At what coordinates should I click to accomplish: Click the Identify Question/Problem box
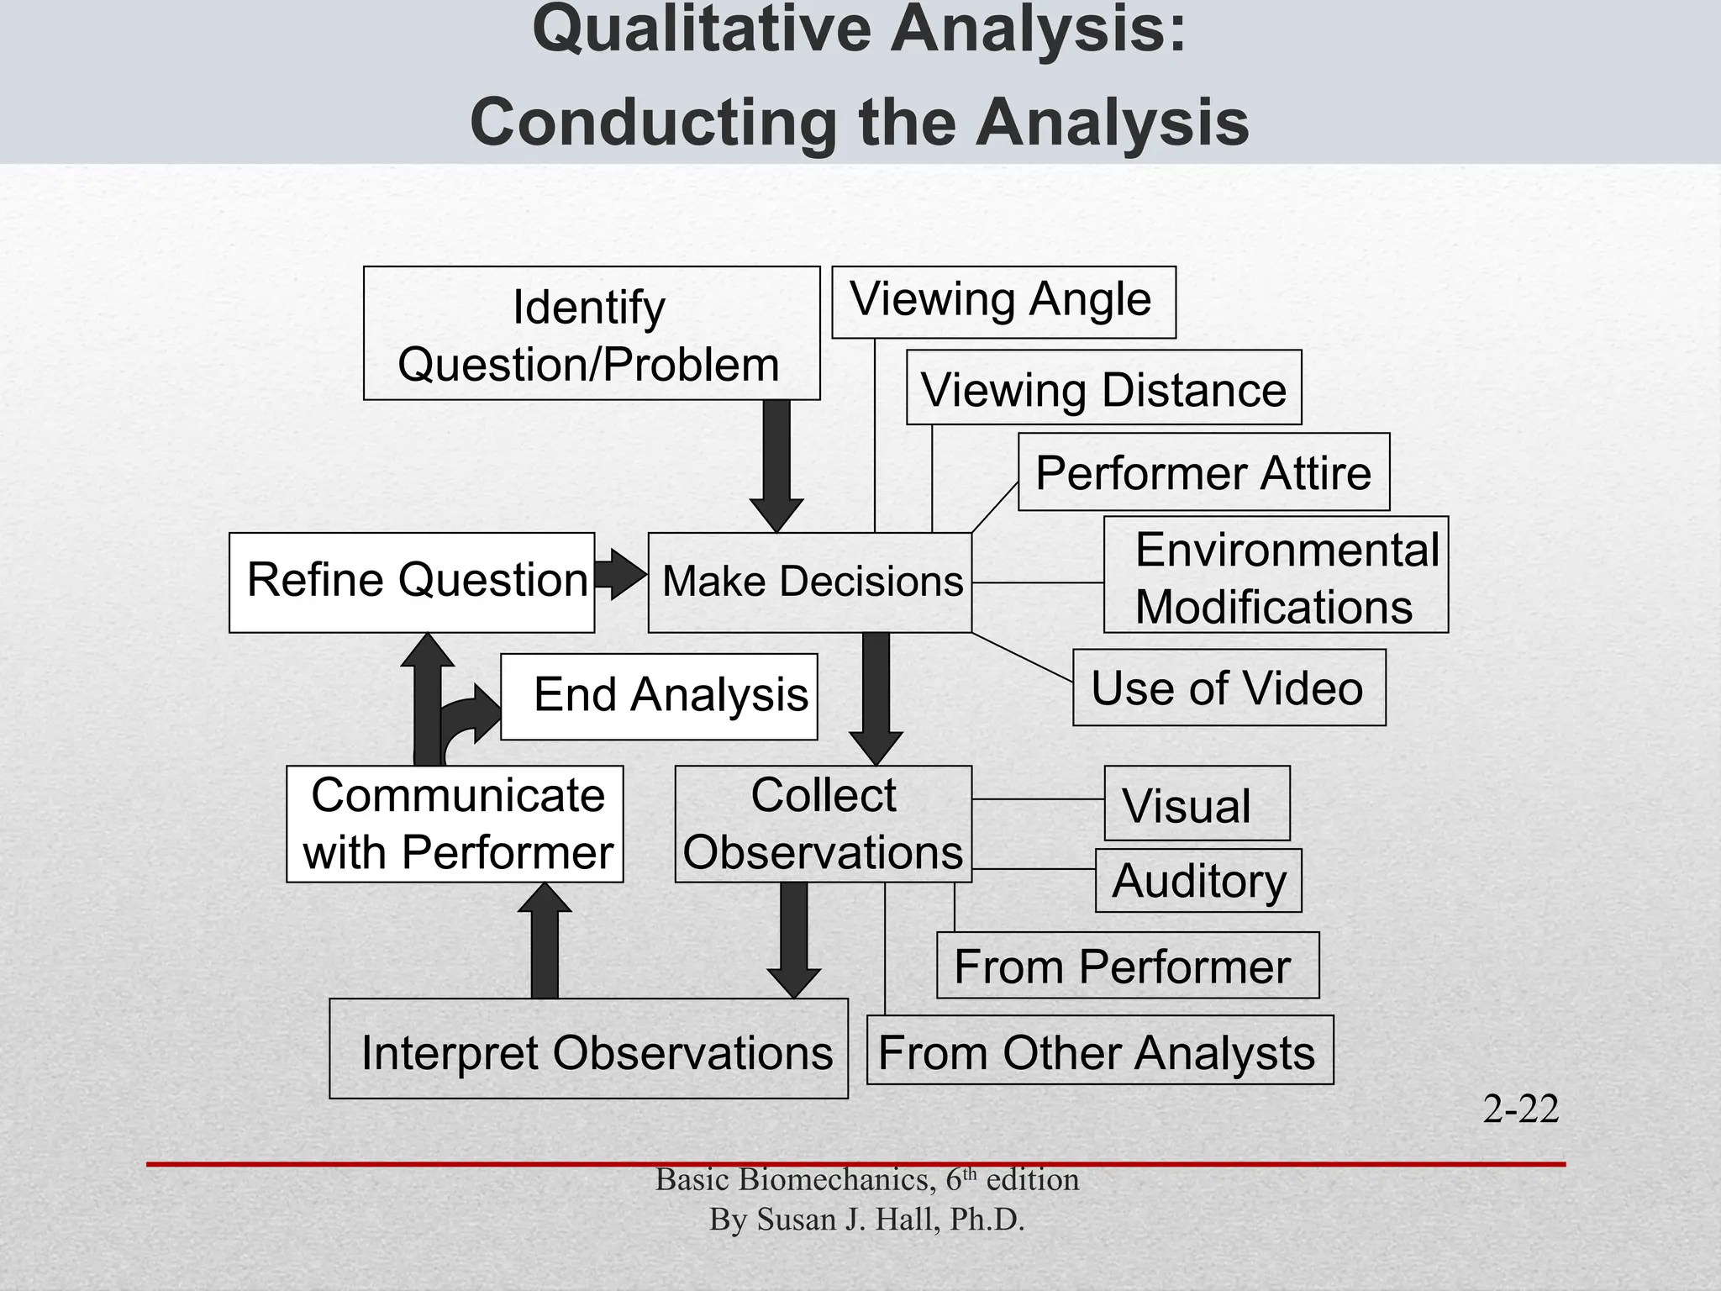[592, 333]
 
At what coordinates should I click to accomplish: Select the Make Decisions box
[810, 582]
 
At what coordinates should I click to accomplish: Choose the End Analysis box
[660, 696]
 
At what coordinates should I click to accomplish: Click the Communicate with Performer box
[455, 824]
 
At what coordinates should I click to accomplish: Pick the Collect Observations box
[824, 824]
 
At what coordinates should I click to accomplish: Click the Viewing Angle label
[1003, 302]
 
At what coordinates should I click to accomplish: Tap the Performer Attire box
[1203, 472]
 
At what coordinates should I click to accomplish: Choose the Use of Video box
[1229, 688]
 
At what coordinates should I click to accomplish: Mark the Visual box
[1197, 804]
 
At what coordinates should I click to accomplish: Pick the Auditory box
[1198, 880]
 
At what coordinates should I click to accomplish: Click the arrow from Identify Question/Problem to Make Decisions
[776, 462]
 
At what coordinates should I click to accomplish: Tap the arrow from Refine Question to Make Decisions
[620, 575]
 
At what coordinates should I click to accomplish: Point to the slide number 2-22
[1520, 1109]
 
